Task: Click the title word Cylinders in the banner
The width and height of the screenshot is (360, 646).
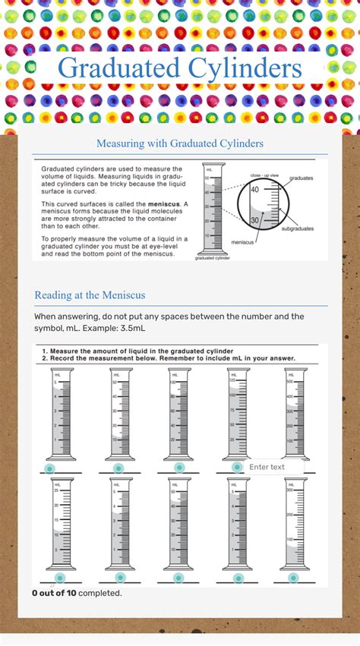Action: pyautogui.click(x=242, y=68)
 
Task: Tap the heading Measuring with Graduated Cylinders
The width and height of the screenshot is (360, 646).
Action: pyautogui.click(x=180, y=143)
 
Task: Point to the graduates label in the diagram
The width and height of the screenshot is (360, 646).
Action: pyautogui.click(x=301, y=178)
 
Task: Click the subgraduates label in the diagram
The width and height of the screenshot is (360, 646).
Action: pyautogui.click(x=299, y=228)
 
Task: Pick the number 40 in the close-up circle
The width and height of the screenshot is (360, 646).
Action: pyautogui.click(x=254, y=190)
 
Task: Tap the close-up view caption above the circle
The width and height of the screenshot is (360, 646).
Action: pyautogui.click(x=264, y=175)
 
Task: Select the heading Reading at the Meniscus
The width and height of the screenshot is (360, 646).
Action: pyautogui.click(x=90, y=295)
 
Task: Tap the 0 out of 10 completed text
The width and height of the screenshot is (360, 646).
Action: pyautogui.click(x=77, y=593)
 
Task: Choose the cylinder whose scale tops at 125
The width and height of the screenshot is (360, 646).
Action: pyautogui.click(x=238, y=414)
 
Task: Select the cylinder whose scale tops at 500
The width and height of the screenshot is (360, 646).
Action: pyautogui.click(x=295, y=414)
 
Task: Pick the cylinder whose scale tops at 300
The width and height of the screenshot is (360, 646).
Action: pyautogui.click(x=295, y=524)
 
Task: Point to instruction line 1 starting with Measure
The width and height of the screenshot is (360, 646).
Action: pyautogui.click(x=137, y=351)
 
